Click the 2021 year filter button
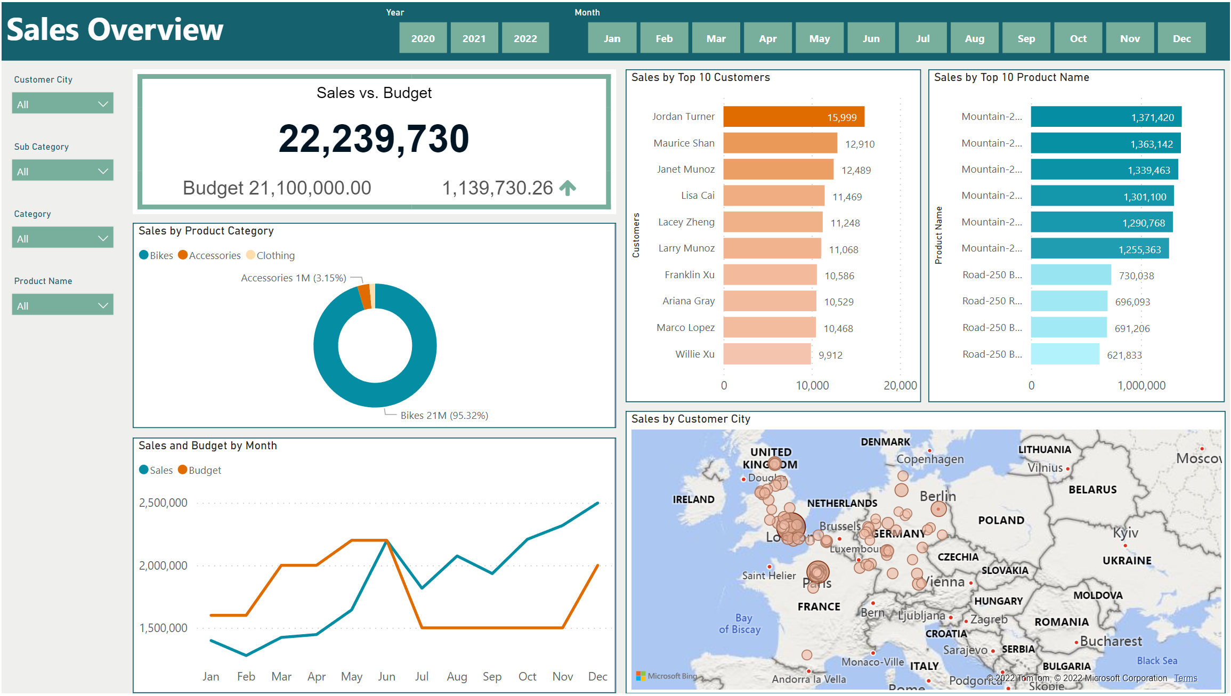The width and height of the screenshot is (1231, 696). click(x=474, y=38)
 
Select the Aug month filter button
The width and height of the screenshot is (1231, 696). click(x=974, y=38)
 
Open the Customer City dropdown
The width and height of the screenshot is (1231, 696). click(x=62, y=104)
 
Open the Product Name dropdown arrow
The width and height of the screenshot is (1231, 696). click(x=103, y=305)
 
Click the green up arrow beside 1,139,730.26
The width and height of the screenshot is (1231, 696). click(x=568, y=188)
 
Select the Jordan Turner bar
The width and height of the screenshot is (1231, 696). click(x=793, y=117)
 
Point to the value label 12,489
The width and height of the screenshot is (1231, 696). click(x=856, y=170)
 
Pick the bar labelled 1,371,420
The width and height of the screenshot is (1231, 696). click(x=1105, y=117)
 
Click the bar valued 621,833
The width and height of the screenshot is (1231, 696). click(x=1064, y=354)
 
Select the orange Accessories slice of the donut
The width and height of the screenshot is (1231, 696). click(x=365, y=296)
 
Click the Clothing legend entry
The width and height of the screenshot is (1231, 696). click(x=271, y=255)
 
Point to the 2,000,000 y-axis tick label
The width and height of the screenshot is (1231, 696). click(x=163, y=565)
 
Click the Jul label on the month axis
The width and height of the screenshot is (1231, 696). click(x=422, y=676)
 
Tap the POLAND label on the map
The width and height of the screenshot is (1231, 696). click(x=1001, y=520)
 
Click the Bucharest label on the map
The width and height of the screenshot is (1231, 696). click(x=1111, y=641)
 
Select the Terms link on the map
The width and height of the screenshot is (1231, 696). click(x=1185, y=678)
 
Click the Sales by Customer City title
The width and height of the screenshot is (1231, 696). click(x=690, y=419)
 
